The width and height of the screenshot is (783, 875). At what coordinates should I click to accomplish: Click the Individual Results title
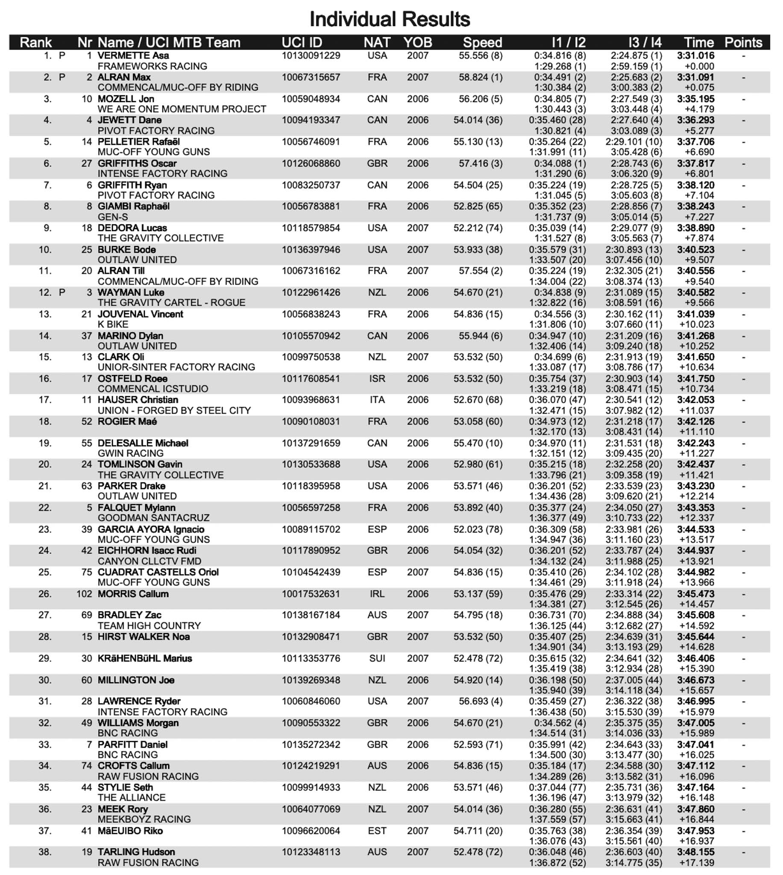(x=390, y=19)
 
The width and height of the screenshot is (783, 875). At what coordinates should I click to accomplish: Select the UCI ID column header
(x=302, y=42)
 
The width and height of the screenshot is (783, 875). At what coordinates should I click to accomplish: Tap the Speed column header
(x=482, y=42)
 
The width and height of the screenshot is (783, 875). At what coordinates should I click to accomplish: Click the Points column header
(x=743, y=42)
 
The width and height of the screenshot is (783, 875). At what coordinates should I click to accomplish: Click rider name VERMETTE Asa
(x=133, y=56)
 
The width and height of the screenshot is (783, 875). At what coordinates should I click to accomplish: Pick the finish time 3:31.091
(x=695, y=77)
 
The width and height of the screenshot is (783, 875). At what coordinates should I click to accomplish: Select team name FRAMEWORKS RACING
(x=152, y=66)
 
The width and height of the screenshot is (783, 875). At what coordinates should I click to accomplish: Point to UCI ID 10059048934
(x=311, y=99)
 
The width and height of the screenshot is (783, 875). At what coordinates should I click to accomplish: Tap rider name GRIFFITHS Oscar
(x=137, y=164)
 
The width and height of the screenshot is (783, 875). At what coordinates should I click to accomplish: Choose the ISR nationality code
(x=377, y=379)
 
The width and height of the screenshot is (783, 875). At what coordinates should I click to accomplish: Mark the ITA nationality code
(x=377, y=400)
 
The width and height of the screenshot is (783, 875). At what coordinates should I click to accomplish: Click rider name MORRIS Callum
(x=133, y=593)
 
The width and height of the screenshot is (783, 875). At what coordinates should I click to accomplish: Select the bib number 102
(x=84, y=593)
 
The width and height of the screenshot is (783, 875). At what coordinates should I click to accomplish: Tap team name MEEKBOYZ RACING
(x=144, y=819)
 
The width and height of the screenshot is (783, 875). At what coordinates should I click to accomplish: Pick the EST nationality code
(x=377, y=831)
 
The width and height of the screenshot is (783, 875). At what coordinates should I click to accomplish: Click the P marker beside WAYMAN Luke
(x=62, y=293)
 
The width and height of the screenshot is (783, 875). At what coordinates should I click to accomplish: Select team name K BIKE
(x=113, y=324)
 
